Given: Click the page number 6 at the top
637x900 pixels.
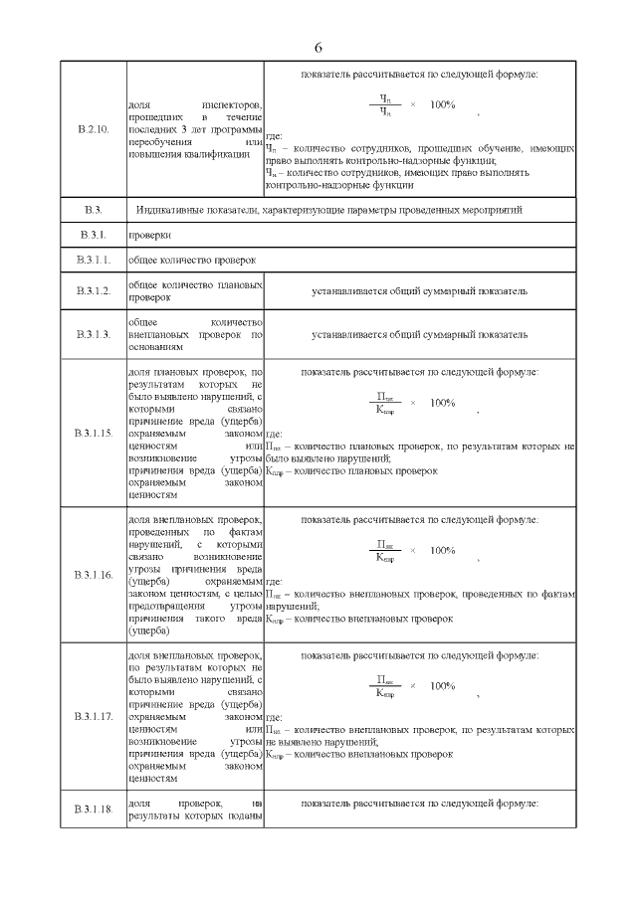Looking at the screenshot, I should pyautogui.click(x=318, y=47).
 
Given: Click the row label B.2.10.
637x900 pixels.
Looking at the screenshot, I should pyautogui.click(x=93, y=130).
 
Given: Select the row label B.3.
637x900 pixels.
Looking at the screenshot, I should pyautogui.click(x=93, y=210).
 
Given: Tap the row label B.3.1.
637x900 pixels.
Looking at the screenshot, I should pyautogui.click(x=93, y=236).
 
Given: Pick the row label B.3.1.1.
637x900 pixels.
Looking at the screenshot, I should pyautogui.click(x=93, y=261).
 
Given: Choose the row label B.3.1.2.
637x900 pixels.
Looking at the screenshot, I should pyautogui.click(x=93, y=290).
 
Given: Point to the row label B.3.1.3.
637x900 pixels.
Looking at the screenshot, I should pyautogui.click(x=93, y=335).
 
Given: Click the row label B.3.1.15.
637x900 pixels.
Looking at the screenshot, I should pyautogui.click(x=93, y=434).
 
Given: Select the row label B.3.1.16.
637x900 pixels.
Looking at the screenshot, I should pyautogui.click(x=93, y=576).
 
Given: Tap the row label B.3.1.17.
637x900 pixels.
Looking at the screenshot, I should pyautogui.click(x=93, y=716).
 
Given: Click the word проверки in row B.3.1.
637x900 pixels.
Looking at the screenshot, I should pyautogui.click(x=150, y=236).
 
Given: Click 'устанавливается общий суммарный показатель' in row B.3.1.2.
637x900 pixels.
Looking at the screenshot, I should pyautogui.click(x=418, y=290).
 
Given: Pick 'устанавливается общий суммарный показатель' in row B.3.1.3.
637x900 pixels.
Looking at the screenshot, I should pyautogui.click(x=418, y=335).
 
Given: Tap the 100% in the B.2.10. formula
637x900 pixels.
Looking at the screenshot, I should pyautogui.click(x=442, y=103).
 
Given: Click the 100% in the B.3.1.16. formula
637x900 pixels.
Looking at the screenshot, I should pyautogui.click(x=442, y=550).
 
